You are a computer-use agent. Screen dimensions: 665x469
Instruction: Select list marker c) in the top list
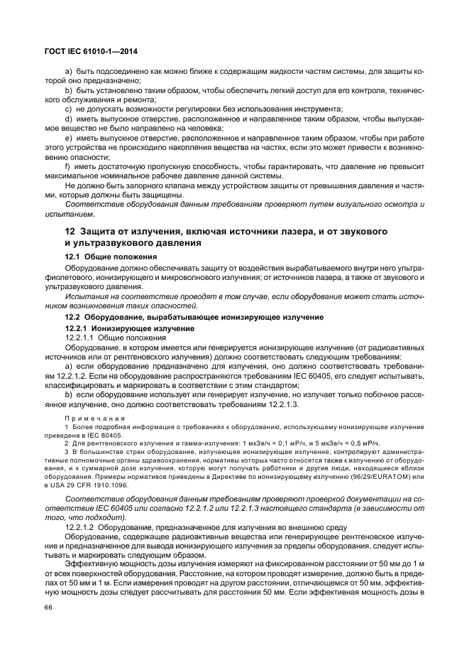click(68, 109)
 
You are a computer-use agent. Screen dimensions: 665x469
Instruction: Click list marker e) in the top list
click(68, 137)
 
